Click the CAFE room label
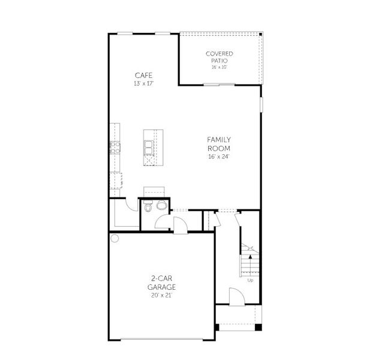[x=143, y=75]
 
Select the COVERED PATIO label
[x=219, y=57]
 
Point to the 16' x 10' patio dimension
[x=219, y=67]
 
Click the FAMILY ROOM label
[x=219, y=143]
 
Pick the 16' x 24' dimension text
[x=219, y=157]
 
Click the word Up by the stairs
[x=249, y=280]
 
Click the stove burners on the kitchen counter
[x=114, y=146]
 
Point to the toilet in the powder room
[x=148, y=208]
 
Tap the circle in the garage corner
[x=115, y=238]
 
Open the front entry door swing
[x=236, y=296]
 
